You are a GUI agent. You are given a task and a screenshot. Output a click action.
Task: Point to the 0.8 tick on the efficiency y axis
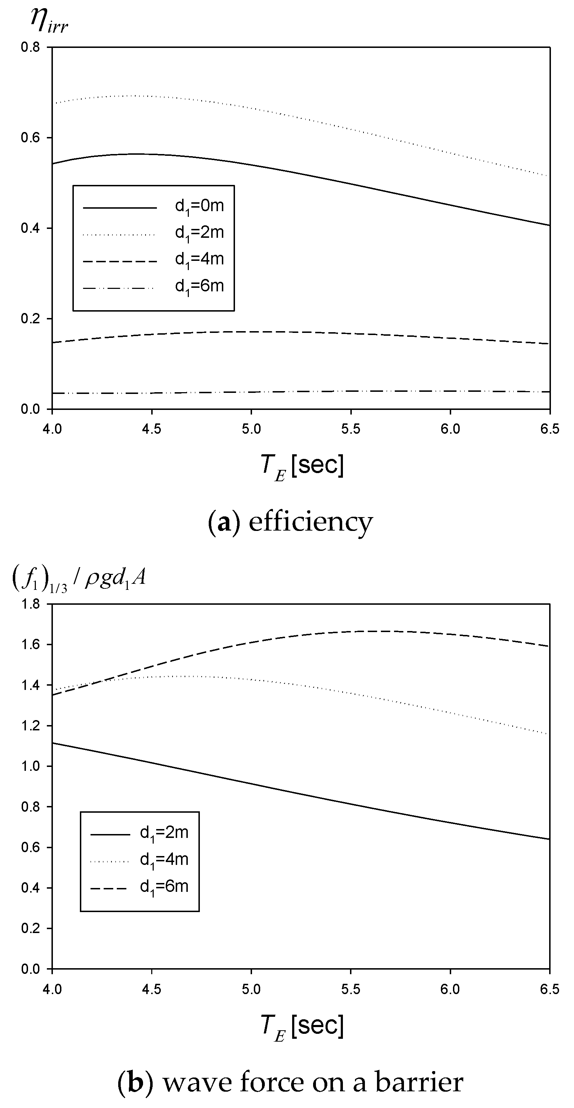30,47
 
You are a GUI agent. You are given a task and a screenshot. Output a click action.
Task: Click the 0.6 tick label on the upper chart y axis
30,138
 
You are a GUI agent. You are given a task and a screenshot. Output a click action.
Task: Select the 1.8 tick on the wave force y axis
30,604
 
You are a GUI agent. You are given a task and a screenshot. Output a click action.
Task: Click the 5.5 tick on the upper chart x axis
351,429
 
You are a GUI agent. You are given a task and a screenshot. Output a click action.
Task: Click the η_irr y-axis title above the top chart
49,20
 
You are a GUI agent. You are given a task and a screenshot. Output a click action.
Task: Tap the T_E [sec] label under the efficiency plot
302,467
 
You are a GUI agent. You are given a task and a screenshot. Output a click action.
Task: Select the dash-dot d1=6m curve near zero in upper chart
301,391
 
